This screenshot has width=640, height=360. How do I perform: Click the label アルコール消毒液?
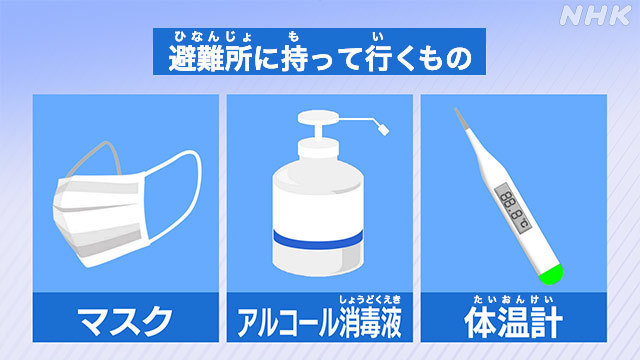pos(317,322)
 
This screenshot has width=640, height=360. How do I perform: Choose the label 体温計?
pos(514,322)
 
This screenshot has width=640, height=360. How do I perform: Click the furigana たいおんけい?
pos(514,299)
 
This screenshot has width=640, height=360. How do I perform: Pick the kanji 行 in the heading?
pos(377,57)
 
